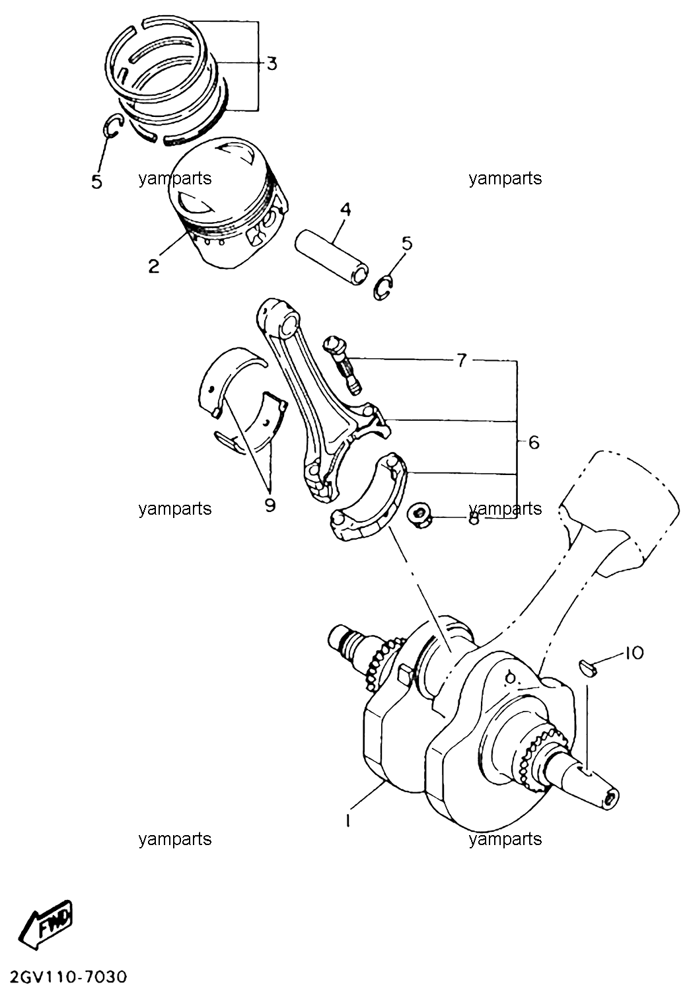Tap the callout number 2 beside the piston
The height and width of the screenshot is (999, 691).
(153, 266)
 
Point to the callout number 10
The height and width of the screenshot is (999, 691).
(634, 653)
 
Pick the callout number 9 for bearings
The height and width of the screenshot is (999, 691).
(270, 505)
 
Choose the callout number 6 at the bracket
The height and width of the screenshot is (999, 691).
(534, 443)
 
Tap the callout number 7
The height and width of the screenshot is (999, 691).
(461, 359)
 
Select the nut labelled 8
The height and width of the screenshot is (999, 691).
(419, 516)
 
